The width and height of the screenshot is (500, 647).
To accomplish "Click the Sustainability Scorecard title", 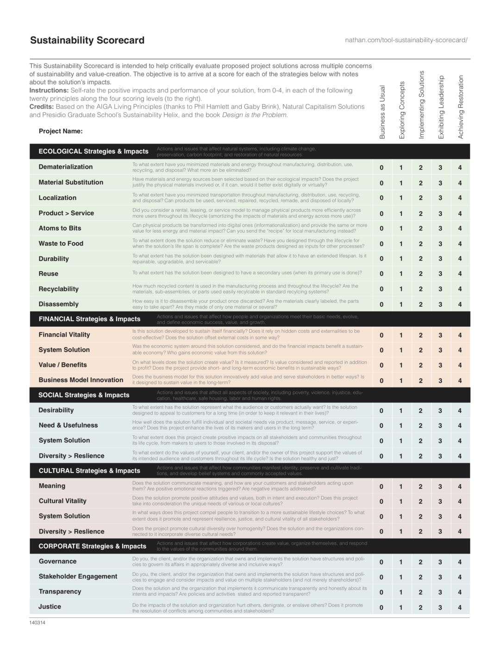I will pyautogui.click(x=87, y=40).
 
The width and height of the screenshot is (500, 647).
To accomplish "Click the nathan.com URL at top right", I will pyautogui.click(x=406, y=40).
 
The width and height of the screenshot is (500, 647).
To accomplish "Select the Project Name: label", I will pyautogui.click(x=61, y=131).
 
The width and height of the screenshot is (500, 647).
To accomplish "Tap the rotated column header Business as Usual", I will pyautogui.click(x=382, y=112).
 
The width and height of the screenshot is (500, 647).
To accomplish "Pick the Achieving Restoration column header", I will pyautogui.click(x=460, y=107).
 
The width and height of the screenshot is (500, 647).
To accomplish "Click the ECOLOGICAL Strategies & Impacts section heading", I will pyautogui.click(x=94, y=151).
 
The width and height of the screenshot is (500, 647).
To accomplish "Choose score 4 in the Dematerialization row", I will pyautogui.click(x=460, y=168).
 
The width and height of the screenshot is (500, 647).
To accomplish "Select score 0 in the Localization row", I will pyautogui.click(x=381, y=198).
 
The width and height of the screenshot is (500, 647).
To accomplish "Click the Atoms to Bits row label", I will pyautogui.click(x=60, y=228).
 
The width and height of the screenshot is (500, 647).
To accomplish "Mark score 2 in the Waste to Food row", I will pyautogui.click(x=420, y=244).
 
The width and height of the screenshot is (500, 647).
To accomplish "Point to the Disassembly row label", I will pyautogui.click(x=58, y=304).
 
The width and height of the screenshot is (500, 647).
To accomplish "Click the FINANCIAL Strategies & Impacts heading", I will pyautogui.click(x=89, y=319).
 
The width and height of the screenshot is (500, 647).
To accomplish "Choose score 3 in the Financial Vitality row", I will pyautogui.click(x=440, y=335).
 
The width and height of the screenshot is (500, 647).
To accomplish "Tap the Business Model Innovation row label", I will pyautogui.click(x=81, y=380).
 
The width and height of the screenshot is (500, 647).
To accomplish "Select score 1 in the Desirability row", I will pyautogui.click(x=401, y=411).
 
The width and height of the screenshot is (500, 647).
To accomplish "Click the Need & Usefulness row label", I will pyautogui.click(x=68, y=425).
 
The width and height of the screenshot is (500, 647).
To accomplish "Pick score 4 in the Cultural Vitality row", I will pyautogui.click(x=460, y=501).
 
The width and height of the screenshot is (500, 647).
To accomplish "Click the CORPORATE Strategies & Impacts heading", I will pyautogui.click(x=92, y=546).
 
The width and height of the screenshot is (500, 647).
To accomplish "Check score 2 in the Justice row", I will pyautogui.click(x=420, y=607).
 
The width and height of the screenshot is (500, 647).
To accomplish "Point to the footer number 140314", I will pyautogui.click(x=37, y=622).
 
